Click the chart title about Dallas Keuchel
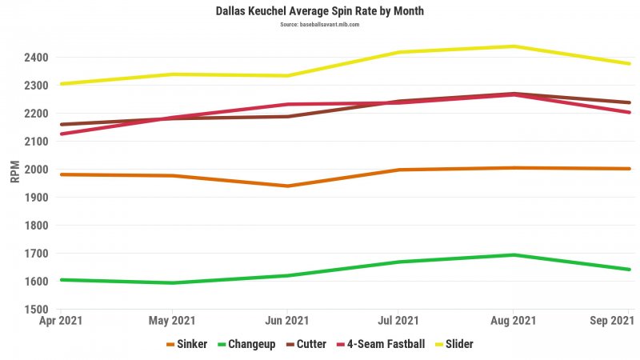(x=319, y=11)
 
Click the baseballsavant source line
(x=319, y=25)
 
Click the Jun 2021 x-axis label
(x=286, y=322)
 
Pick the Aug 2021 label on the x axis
(x=514, y=322)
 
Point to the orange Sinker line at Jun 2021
(x=287, y=186)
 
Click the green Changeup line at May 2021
(x=174, y=282)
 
